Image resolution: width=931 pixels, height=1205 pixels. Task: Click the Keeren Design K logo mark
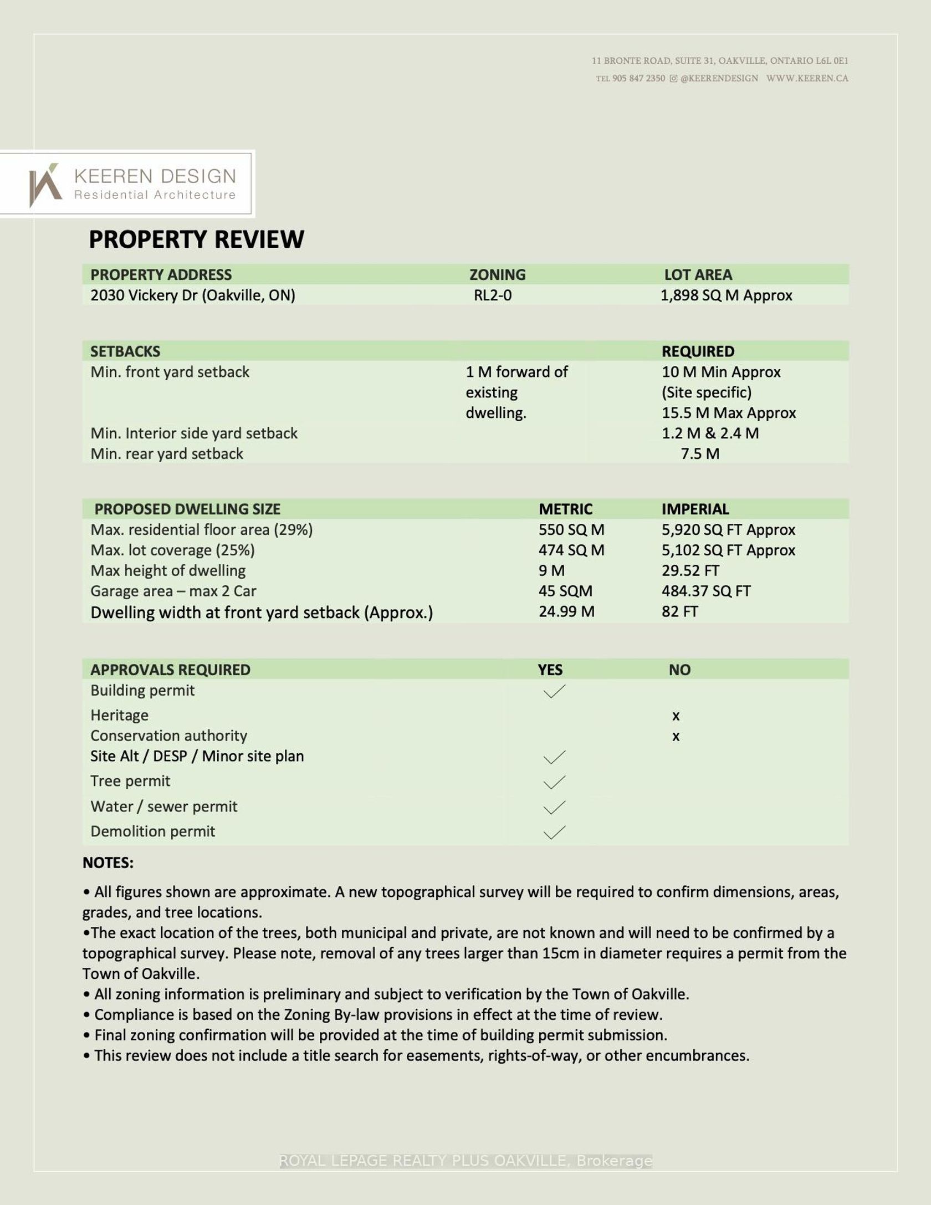(45, 185)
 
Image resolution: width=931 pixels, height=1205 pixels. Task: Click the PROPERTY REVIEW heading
(196, 239)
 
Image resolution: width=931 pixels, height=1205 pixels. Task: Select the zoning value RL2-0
(492, 295)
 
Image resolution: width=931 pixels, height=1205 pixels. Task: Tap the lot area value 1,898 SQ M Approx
(726, 295)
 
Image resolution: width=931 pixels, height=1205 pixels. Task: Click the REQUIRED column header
(698, 351)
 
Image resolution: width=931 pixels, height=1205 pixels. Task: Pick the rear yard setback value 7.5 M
(700, 454)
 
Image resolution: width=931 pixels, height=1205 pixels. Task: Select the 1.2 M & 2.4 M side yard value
(710, 433)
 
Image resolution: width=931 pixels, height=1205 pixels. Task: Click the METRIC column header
(565, 509)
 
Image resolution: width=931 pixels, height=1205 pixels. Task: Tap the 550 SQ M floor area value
(571, 530)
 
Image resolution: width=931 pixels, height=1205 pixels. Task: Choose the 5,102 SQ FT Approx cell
(728, 550)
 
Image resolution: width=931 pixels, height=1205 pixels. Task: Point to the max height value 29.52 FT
(690, 571)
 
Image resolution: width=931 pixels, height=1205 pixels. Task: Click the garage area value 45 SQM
(565, 591)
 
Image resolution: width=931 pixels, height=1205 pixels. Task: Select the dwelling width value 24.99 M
(566, 612)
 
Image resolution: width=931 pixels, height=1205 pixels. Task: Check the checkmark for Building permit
(554, 691)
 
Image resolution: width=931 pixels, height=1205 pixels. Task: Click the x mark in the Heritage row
(676, 716)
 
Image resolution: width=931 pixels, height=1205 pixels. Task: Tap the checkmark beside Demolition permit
(554, 832)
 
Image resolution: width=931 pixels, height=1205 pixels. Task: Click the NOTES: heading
(108, 863)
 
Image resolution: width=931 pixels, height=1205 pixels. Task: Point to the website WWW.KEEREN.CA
(807, 78)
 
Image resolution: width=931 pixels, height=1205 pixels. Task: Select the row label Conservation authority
(168, 736)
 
